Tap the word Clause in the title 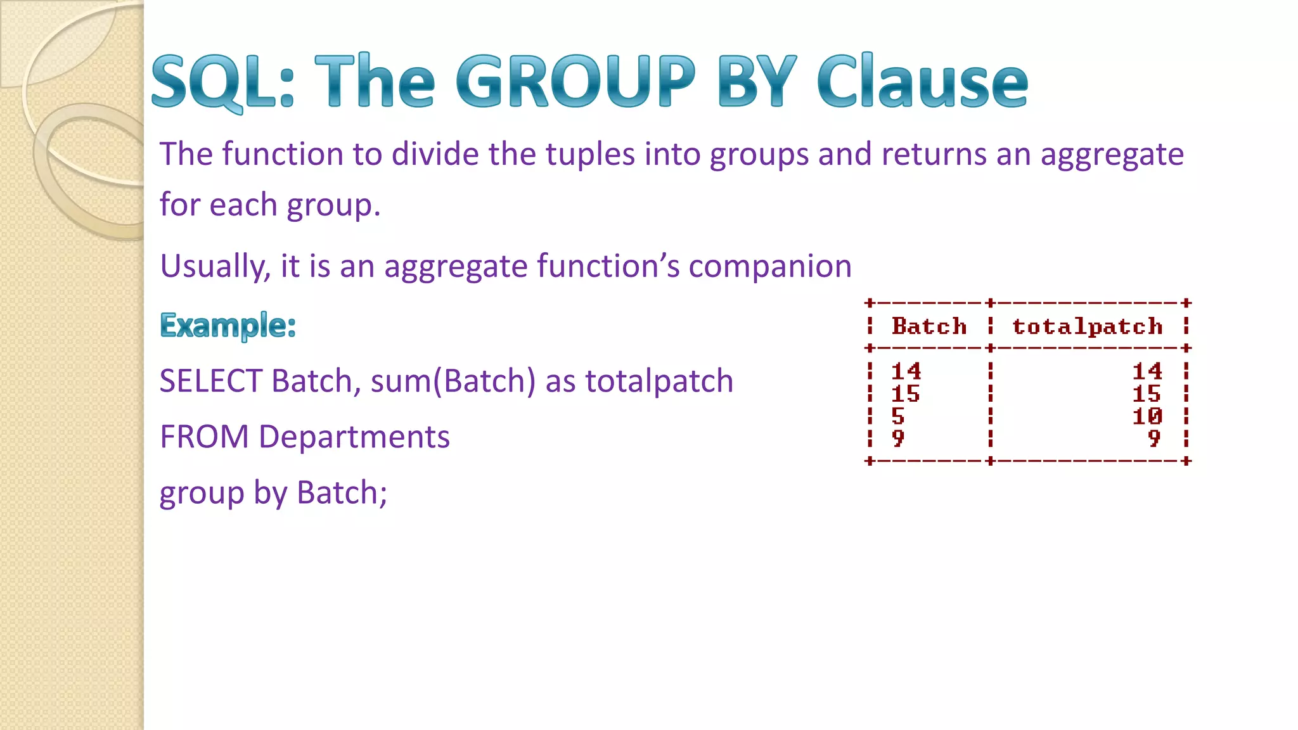(x=922, y=81)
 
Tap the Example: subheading (x=228, y=325)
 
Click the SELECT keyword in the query (x=210, y=381)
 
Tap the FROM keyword (x=204, y=437)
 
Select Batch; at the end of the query (x=342, y=493)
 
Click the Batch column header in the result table (x=929, y=326)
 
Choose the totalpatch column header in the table (x=1087, y=326)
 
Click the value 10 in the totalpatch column (x=1147, y=416)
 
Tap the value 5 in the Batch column (x=897, y=416)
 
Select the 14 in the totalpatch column (x=1147, y=371)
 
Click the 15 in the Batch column (x=905, y=394)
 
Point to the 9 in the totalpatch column (x=1153, y=439)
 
